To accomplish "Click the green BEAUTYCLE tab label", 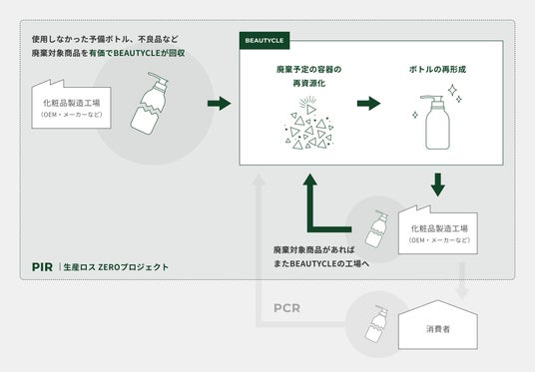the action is tap(265, 41).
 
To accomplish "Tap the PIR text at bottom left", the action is tap(42, 267).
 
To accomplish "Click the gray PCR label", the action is tap(286, 308).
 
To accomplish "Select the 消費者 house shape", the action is tap(438, 324).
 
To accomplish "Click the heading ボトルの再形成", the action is tap(437, 69).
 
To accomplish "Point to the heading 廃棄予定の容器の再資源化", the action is tap(308, 76).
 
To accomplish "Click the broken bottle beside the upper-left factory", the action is tap(150, 103).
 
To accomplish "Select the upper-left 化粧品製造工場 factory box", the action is tap(71, 105).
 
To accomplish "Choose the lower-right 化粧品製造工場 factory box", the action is tap(438, 229).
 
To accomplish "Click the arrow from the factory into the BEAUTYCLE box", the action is tap(220, 104).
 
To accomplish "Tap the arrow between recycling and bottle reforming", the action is tap(369, 104).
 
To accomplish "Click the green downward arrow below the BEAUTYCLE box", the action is tap(438, 185).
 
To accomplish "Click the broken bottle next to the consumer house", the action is tap(376, 324).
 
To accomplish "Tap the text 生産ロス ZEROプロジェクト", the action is tap(116, 267).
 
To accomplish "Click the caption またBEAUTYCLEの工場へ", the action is tap(321, 263).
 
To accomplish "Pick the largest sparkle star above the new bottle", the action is tap(452, 91).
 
